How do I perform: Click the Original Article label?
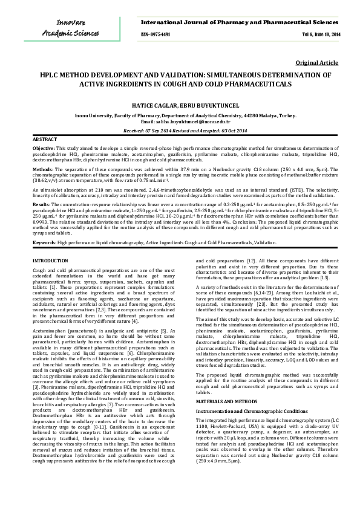pyautogui.click(x=317, y=63)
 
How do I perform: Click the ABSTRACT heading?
pyautogui.click(x=44, y=139)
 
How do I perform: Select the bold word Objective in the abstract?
pyautogui.click(x=43, y=148)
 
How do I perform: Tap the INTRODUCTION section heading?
pyautogui.click(x=51, y=260)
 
